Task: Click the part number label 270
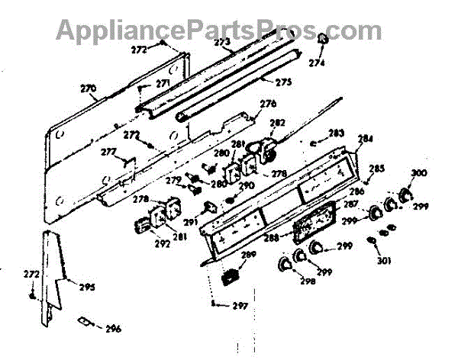coord(89,88)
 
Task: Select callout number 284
coord(365,140)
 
